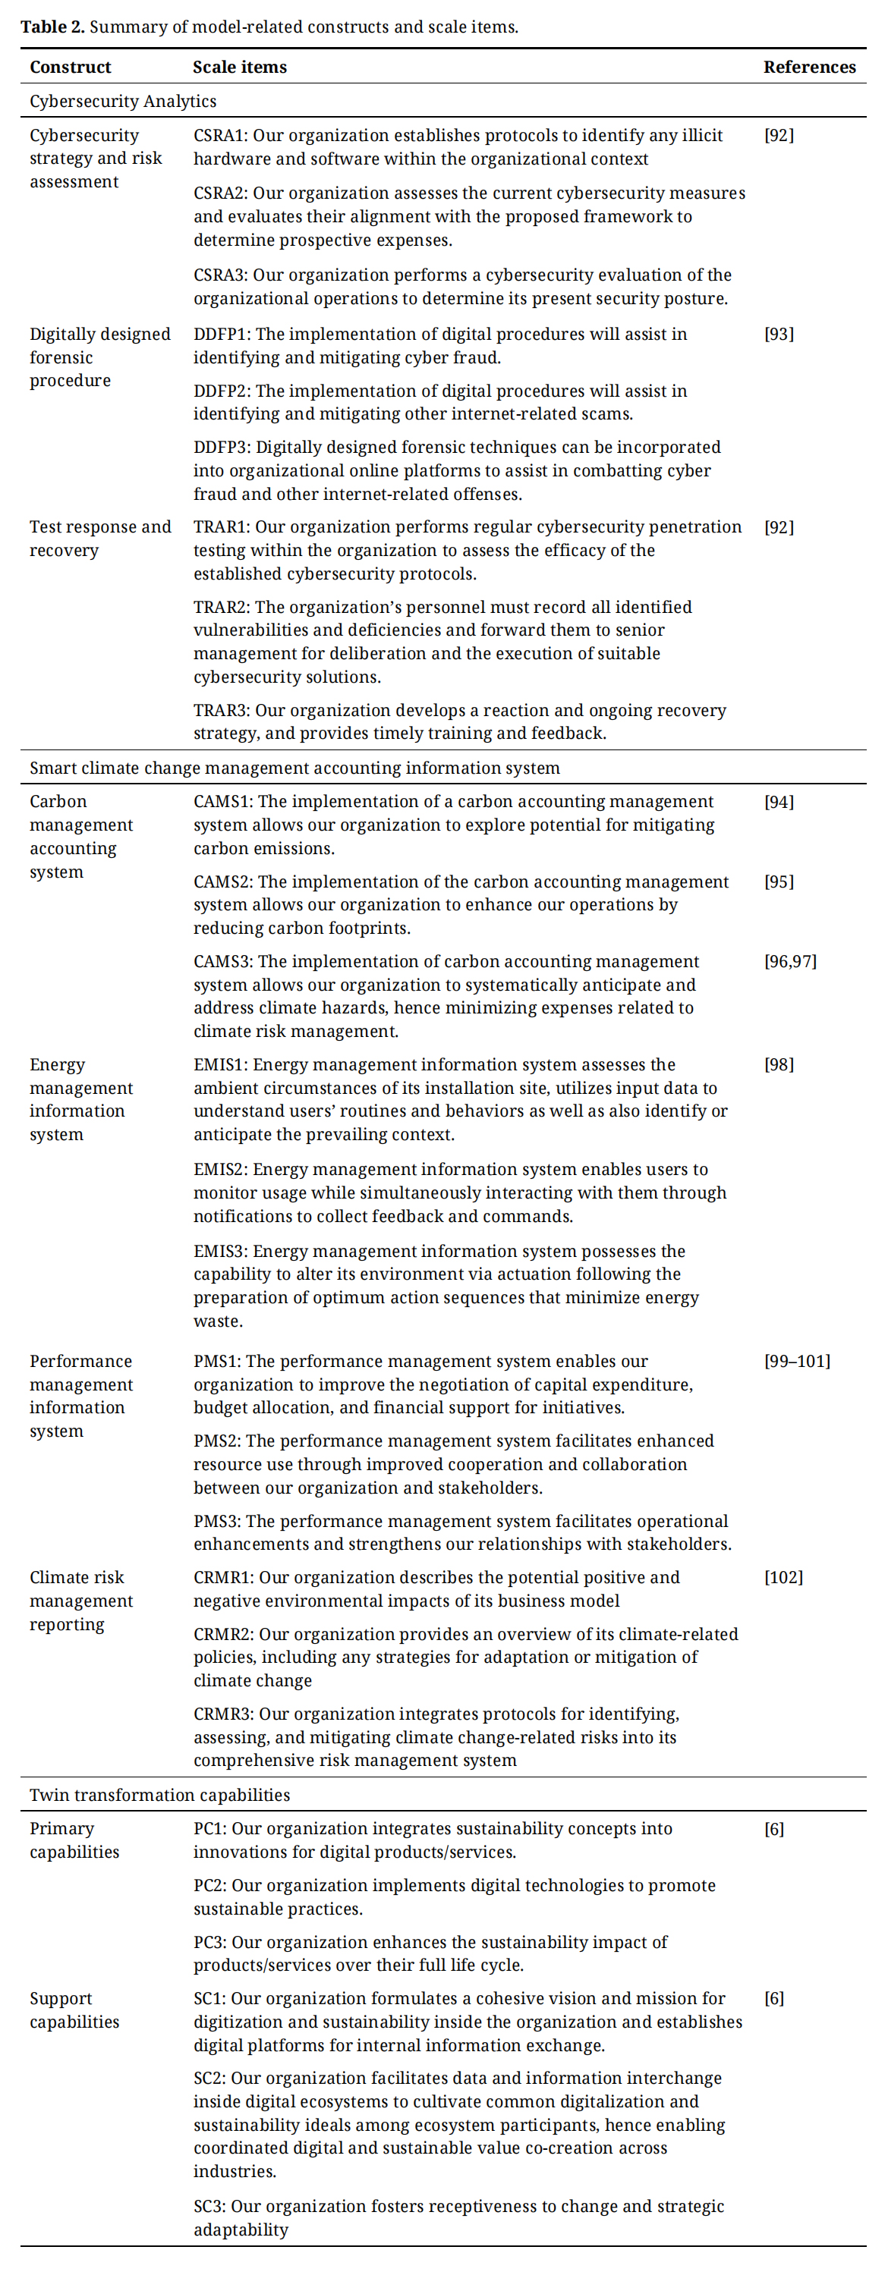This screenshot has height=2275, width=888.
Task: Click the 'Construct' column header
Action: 70,67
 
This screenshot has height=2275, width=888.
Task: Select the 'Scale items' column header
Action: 239,67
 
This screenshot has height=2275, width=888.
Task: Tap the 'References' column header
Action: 808,67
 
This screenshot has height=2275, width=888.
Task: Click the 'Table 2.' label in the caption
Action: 52,27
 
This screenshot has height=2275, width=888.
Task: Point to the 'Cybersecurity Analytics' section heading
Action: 123,101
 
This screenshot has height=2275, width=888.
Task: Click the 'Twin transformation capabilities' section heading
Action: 159,1794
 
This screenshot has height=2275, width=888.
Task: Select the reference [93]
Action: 779,334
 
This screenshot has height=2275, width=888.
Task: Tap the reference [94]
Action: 779,801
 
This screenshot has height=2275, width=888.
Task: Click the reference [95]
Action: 779,881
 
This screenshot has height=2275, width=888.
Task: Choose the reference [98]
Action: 779,1064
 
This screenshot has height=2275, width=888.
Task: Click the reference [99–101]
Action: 797,1361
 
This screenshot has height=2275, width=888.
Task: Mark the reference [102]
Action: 783,1576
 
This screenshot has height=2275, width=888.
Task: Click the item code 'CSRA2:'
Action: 221,193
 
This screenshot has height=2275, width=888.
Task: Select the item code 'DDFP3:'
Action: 222,447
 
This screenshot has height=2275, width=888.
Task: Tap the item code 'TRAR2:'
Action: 222,607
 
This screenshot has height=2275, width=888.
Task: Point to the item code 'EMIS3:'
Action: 221,1251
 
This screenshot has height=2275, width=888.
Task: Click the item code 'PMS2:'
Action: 216,1441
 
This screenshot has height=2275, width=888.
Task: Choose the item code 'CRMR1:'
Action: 224,1576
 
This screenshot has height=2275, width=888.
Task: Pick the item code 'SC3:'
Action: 209,2205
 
